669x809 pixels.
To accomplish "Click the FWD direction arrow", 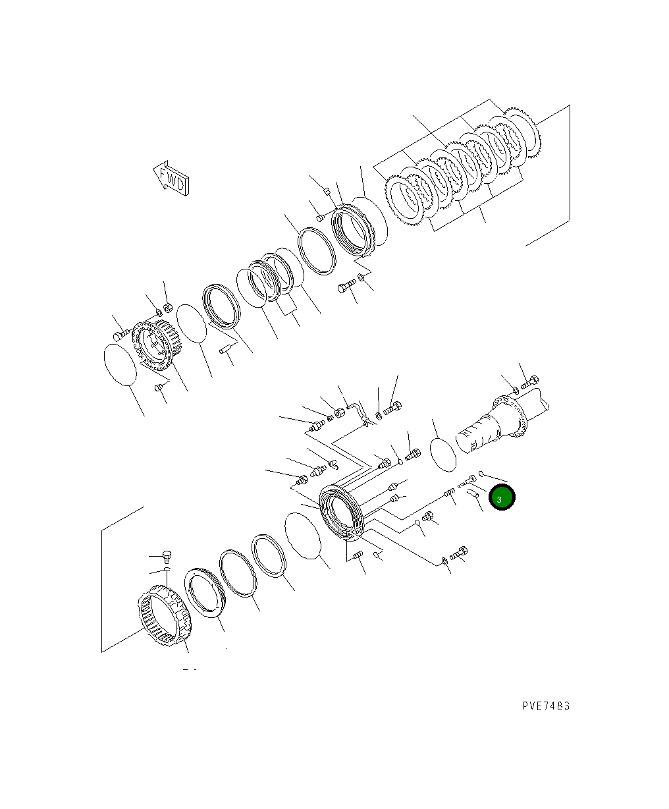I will tap(171, 179).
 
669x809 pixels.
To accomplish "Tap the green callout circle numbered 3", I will tap(501, 498).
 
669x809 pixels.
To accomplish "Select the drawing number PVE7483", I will tap(546, 706).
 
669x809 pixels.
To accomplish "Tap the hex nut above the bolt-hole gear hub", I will tap(167, 307).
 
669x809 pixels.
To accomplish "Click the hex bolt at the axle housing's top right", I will tap(530, 382).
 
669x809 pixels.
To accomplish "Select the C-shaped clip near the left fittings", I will tap(334, 464).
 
